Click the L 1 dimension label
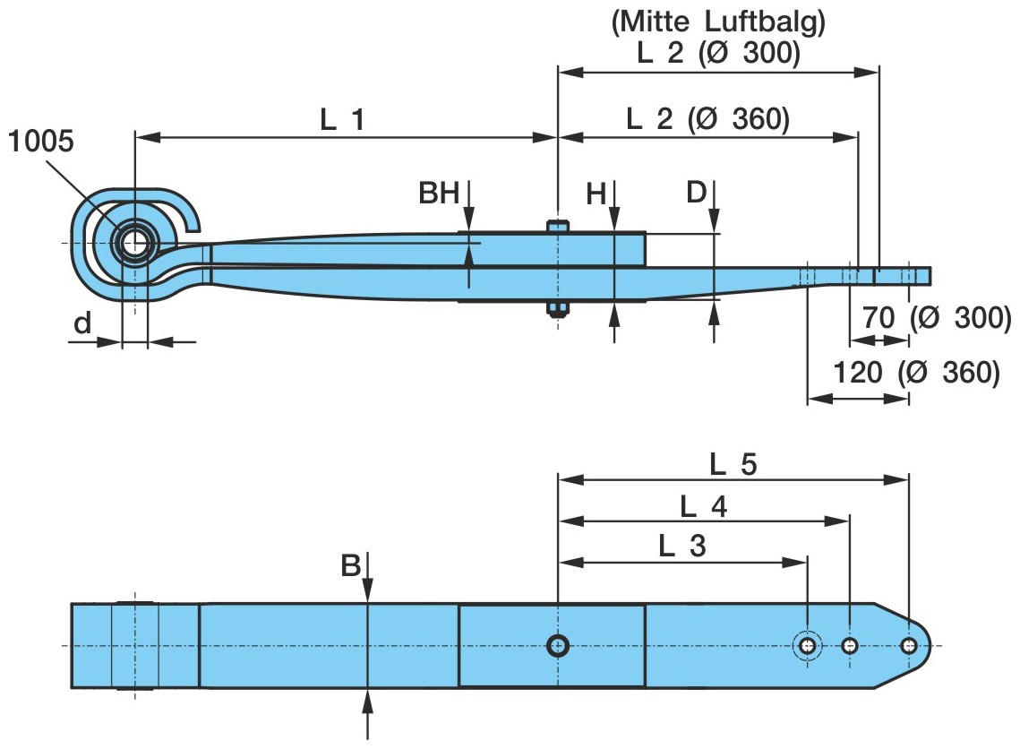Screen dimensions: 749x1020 point(343,119)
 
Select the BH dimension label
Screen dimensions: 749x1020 point(439,193)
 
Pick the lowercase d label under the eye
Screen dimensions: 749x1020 point(82,323)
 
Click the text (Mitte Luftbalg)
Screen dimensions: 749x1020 point(717,24)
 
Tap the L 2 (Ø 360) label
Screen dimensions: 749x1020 point(707,119)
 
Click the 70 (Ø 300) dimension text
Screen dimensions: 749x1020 point(937,317)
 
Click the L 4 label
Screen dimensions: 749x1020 point(703,507)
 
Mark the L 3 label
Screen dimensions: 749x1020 point(681,547)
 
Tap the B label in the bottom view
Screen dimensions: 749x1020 point(350,565)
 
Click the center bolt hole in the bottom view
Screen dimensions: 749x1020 point(558,645)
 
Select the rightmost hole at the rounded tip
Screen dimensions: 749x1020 point(909,645)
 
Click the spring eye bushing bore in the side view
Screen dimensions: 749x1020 point(135,243)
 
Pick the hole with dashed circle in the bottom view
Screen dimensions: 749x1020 point(808,645)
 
